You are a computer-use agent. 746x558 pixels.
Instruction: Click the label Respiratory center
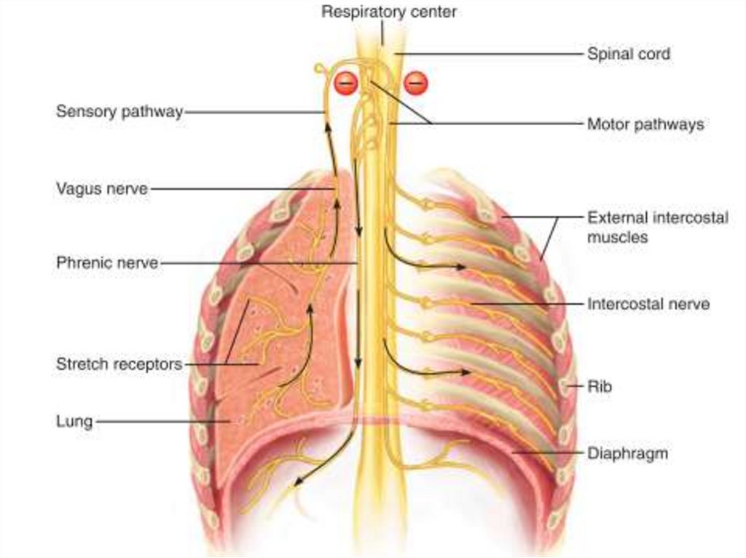coord(389,12)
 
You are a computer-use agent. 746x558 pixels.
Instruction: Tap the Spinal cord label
coord(629,54)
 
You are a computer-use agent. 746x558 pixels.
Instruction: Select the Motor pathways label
coord(645,124)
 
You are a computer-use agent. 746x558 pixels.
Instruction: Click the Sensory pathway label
coord(119,112)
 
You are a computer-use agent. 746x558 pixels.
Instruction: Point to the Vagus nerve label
coord(102,188)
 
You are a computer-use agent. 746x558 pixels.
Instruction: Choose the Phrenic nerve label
coord(107,263)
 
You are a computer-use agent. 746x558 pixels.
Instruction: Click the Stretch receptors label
coord(119,364)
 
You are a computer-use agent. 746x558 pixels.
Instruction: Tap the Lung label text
coord(74,421)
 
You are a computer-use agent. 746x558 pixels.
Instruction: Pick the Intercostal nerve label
coord(648,304)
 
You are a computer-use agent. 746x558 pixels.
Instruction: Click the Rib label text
coord(600,386)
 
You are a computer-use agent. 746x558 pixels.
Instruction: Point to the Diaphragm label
coord(627,454)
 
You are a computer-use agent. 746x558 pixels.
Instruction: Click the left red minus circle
coord(345,84)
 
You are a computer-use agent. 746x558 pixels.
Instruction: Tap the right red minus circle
coord(416,84)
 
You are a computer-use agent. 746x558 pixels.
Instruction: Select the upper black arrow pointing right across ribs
coord(459,267)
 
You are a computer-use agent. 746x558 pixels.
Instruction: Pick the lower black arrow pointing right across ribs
coord(463,372)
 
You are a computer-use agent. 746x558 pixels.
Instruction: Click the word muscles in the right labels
coord(618,237)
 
